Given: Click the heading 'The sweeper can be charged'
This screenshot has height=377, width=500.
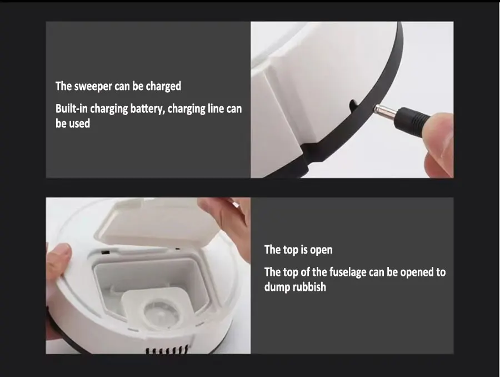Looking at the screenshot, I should point(118,86).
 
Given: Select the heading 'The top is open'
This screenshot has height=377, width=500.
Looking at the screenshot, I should point(298,250).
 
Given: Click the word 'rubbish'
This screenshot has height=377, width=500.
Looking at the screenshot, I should point(309,287).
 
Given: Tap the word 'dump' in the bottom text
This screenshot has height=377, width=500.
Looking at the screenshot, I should point(277,287).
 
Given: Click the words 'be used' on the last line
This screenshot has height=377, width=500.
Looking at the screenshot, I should point(72,123).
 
